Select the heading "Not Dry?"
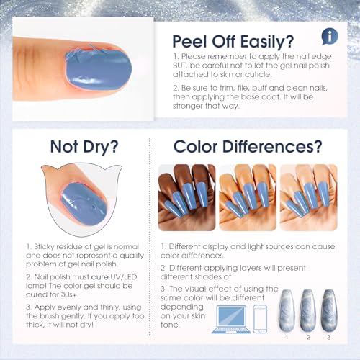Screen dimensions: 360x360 [x=86, y=147]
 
